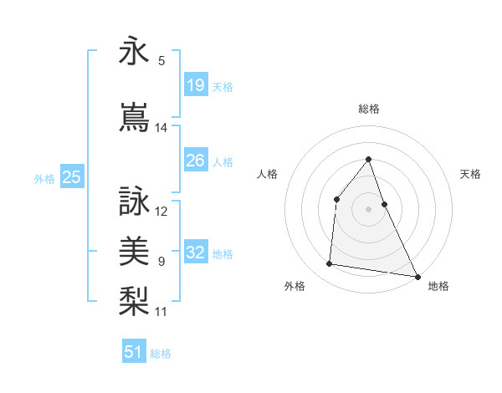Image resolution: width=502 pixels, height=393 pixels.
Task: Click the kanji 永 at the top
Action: (x=134, y=52)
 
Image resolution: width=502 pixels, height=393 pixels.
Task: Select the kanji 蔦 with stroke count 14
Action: (x=134, y=117)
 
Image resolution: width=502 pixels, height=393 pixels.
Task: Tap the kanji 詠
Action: (x=134, y=202)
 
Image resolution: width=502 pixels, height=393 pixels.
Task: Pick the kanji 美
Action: (x=134, y=250)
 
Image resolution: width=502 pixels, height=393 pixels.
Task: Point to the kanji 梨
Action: (x=134, y=300)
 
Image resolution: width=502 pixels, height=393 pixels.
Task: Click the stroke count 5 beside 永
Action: (x=161, y=61)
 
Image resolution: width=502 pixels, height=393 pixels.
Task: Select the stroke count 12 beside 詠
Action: (x=161, y=211)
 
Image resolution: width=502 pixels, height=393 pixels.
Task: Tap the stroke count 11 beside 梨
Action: (x=161, y=312)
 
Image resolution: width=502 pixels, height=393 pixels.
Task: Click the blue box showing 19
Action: (x=195, y=85)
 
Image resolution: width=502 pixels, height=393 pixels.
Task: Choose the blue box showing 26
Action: (x=195, y=161)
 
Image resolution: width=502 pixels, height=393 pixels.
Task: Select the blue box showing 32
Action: (x=195, y=253)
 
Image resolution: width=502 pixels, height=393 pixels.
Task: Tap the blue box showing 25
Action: (x=71, y=176)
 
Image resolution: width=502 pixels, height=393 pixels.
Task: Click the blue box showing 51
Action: (x=134, y=352)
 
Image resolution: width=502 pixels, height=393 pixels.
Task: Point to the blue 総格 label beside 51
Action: (x=161, y=354)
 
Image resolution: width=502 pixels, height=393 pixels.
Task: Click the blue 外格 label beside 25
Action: (x=44, y=178)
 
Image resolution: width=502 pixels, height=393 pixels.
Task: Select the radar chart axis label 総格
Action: (x=368, y=110)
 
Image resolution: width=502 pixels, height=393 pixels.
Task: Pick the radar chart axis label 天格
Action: (x=470, y=174)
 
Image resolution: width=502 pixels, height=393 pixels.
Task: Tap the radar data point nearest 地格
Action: (x=417, y=276)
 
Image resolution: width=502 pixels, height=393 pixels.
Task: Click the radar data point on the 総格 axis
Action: (x=368, y=159)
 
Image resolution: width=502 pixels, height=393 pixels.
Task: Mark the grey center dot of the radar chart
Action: (x=368, y=209)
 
